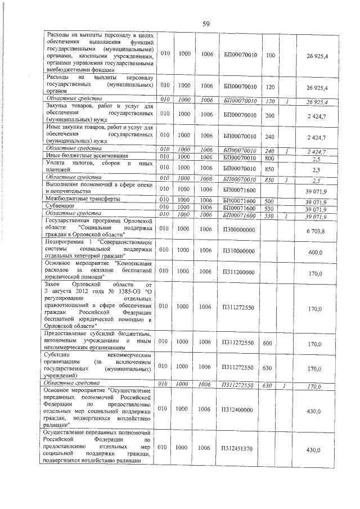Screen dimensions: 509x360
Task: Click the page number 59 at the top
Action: (206, 23)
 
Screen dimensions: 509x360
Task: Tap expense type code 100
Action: (270, 55)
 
